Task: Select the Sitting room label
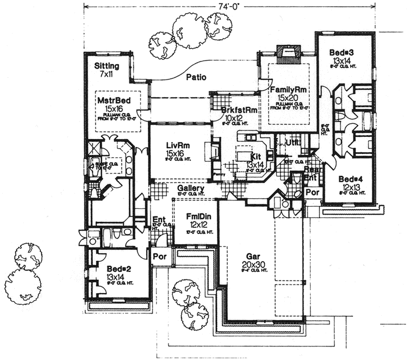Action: pos(107,66)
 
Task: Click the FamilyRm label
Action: pos(289,90)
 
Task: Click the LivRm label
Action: pos(174,145)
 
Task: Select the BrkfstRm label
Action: pos(240,111)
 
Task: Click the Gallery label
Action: pos(187,188)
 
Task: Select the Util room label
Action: pos(292,142)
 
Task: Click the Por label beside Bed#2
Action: pos(160,256)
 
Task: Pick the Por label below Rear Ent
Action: pos(313,192)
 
